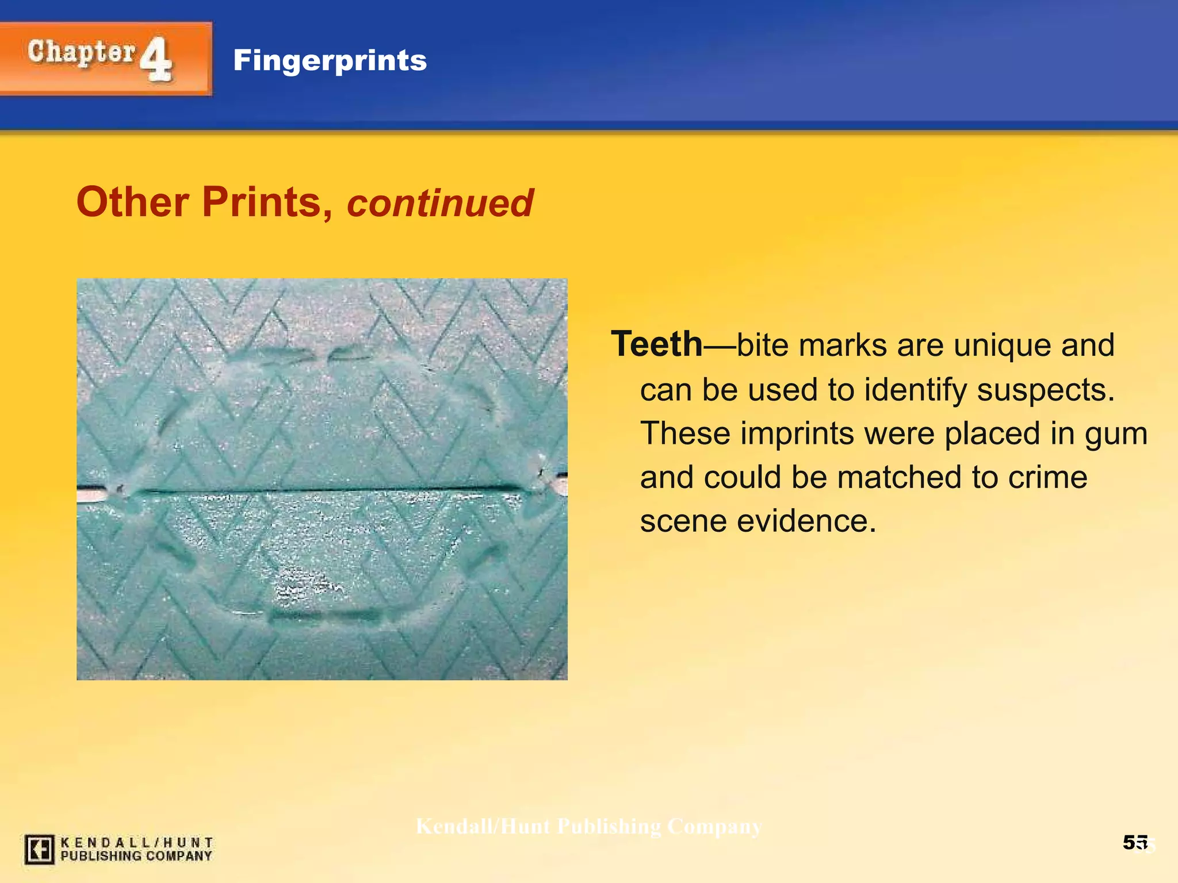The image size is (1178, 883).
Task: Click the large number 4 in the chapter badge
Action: click(156, 59)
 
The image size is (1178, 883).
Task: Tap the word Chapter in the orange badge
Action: click(82, 53)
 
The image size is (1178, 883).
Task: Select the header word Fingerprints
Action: click(330, 60)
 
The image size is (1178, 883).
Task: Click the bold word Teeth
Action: click(656, 344)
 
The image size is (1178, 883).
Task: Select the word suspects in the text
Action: click(1046, 390)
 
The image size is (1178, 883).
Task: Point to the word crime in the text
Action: click(1047, 477)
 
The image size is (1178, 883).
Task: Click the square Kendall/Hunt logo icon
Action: click(40, 849)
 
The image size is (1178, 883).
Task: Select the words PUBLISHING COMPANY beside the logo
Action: click(136, 856)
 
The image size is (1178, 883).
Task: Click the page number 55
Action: click(1135, 843)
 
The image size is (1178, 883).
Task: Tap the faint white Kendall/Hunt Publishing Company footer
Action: click(588, 827)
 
